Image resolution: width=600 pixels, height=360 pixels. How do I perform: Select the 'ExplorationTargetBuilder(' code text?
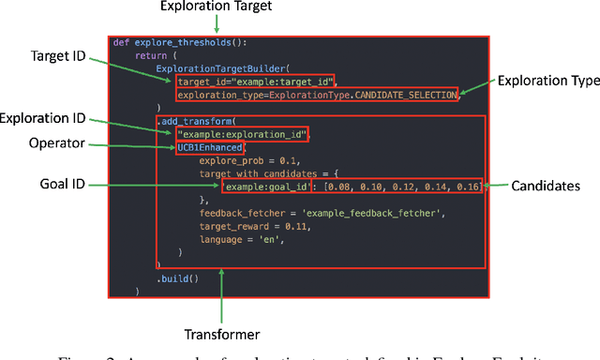coord(215,68)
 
